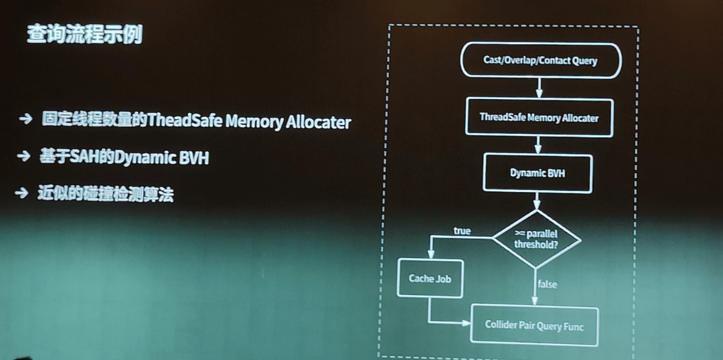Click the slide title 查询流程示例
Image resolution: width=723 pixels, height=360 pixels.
tap(84, 33)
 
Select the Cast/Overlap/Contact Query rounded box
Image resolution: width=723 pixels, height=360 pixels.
tap(540, 60)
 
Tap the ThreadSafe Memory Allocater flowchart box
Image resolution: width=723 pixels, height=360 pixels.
tap(539, 118)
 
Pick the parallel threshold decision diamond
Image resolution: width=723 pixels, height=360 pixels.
tap(536, 239)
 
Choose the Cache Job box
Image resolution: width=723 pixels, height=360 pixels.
tap(430, 278)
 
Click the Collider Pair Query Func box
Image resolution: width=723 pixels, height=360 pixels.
tap(534, 325)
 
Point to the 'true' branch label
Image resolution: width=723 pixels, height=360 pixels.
tap(462, 231)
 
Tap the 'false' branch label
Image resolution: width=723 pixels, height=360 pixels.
tap(547, 284)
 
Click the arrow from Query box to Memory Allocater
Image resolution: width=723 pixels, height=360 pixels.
tap(540, 88)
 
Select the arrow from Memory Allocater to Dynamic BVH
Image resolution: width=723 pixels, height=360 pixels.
tap(538, 145)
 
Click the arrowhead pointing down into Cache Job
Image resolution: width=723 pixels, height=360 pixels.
tap(430, 254)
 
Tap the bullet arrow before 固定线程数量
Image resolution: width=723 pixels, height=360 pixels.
tap(26, 119)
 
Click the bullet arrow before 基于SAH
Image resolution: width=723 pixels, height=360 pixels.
tap(24, 156)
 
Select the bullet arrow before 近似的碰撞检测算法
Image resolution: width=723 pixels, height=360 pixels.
tap(23, 193)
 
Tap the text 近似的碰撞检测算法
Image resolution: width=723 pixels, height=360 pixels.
tap(104, 193)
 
